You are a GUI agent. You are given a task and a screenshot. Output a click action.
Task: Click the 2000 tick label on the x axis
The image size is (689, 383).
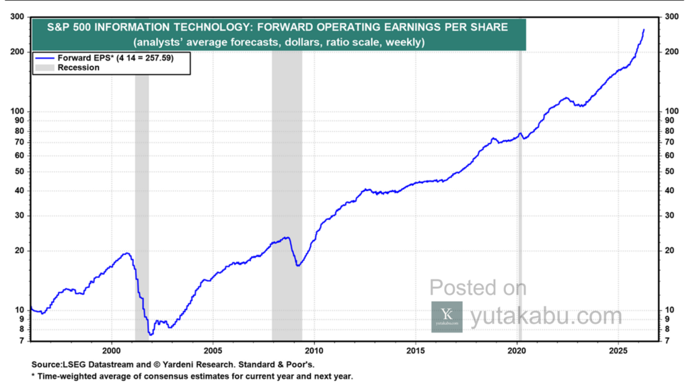pyautogui.click(x=111, y=351)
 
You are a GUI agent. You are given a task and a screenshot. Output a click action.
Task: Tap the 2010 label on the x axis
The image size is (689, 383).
pyautogui.click(x=314, y=351)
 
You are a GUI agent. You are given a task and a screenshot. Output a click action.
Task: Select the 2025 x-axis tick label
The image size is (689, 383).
pyautogui.click(x=619, y=351)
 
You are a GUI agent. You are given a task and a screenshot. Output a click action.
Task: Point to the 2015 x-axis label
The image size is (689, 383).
pyautogui.click(x=416, y=351)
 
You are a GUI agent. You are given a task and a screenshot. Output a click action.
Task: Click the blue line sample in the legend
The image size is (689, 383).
pyautogui.click(x=44, y=59)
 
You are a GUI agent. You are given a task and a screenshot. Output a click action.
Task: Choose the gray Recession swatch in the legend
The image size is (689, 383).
pyautogui.click(x=44, y=67)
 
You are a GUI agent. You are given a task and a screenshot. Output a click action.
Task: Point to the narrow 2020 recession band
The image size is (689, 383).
pyautogui.click(x=519, y=202)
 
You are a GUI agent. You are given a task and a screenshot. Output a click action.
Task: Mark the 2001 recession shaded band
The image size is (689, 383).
pyautogui.click(x=142, y=202)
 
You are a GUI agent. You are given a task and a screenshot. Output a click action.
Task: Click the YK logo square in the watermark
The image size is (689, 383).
pyautogui.click(x=447, y=316)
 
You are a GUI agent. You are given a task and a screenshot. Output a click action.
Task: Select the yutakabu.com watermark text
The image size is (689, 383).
pyautogui.click(x=545, y=316)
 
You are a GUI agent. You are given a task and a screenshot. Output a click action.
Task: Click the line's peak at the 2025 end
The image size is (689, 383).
pyautogui.click(x=643, y=30)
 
